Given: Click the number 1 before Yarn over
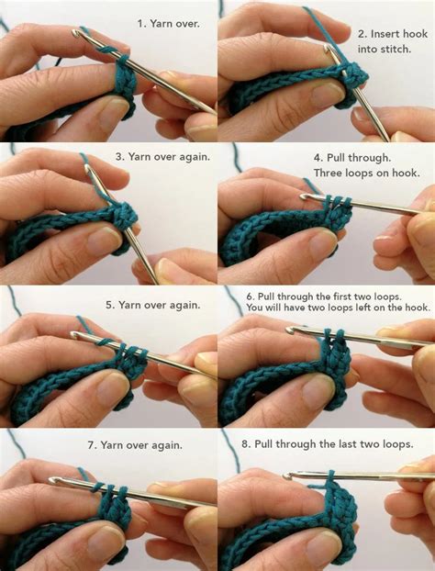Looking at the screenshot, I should pyautogui.click(x=139, y=22).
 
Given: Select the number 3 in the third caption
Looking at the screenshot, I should pyautogui.click(x=119, y=156).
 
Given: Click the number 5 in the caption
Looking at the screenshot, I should pyautogui.click(x=109, y=304).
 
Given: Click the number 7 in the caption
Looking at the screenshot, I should pyautogui.click(x=92, y=445).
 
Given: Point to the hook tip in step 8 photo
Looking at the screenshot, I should pyautogui.click(x=288, y=476).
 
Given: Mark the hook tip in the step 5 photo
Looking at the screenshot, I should pyautogui.click(x=75, y=337).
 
